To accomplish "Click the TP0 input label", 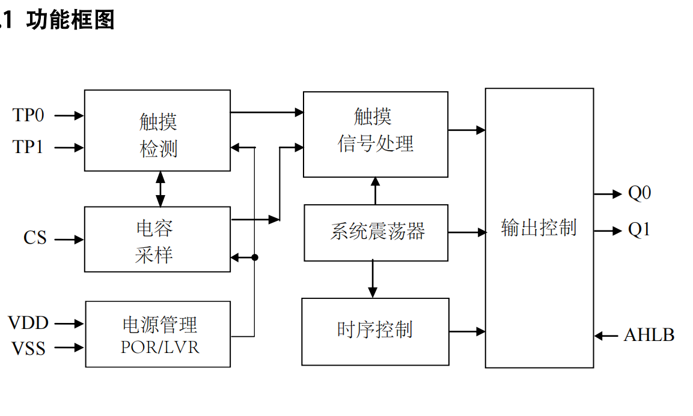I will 28,115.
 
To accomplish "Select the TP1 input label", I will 28,147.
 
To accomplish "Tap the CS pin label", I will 35,238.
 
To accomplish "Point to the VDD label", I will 28,323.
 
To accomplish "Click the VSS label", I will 28,348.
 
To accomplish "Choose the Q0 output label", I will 640,193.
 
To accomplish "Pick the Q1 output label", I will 640,230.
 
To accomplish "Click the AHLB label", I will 649,335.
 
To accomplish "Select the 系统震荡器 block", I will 376,232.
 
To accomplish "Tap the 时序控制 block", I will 375,331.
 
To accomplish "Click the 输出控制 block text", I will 539,228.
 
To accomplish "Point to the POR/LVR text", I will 159,347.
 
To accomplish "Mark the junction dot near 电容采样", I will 255,257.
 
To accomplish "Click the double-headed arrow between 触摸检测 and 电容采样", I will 160,188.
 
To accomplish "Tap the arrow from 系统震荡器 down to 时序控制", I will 373,279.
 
